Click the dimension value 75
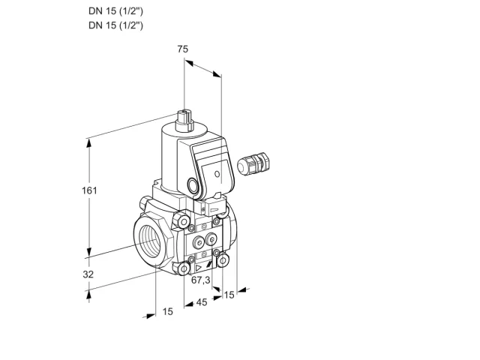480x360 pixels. tap(183, 49)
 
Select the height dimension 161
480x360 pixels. tap(89, 190)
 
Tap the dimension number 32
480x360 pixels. tap(88, 274)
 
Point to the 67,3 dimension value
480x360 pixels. tap(201, 280)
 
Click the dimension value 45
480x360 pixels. tap(202, 302)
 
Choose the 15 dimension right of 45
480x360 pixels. tap(229, 295)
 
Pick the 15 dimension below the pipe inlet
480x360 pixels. tap(167, 312)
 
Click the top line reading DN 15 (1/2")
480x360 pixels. tap(115, 11)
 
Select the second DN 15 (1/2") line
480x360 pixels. tap(115, 25)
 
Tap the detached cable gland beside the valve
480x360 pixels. tap(253, 163)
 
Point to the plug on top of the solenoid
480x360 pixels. tap(184, 120)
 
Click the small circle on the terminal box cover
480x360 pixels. tap(217, 174)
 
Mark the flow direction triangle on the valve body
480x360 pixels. tap(198, 268)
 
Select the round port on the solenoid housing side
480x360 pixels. tap(193, 185)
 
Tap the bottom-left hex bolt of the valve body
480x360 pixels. tap(183, 268)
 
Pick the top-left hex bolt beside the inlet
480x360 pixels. tap(182, 221)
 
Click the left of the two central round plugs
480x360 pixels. tap(199, 243)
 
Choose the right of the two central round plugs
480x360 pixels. tap(211, 238)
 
